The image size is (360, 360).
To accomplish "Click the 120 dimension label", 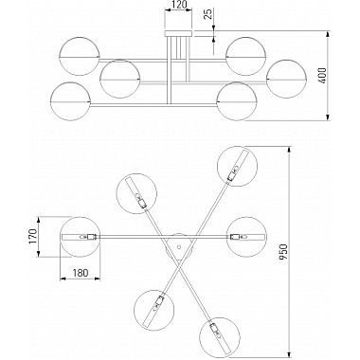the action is [x=178, y=5].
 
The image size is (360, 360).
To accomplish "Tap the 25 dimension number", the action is [x=209, y=14].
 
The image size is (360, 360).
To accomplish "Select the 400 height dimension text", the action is [x=322, y=75].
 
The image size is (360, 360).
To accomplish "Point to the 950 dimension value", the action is [x=284, y=252].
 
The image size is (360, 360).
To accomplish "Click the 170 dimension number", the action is [x=33, y=237].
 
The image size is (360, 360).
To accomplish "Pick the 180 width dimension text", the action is [x=81, y=273].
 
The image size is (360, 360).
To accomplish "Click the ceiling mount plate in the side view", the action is [x=178, y=33].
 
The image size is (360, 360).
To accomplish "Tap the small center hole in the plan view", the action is [x=179, y=246].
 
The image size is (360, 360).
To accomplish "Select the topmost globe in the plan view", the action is [x=238, y=167].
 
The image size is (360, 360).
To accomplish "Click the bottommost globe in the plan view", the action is [x=220, y=337].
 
